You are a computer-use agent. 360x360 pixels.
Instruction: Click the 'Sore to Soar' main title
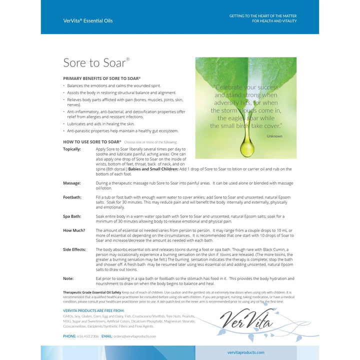click(x=95, y=63)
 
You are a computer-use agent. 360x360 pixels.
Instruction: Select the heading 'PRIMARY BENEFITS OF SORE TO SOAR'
click(x=101, y=78)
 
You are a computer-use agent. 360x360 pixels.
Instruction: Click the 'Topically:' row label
click(x=72, y=149)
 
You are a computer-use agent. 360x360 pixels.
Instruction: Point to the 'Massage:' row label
click(x=72, y=183)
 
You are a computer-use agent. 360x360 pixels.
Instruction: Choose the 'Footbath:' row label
click(x=72, y=197)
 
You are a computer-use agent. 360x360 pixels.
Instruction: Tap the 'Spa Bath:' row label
click(x=73, y=216)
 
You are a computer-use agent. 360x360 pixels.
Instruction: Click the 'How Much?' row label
click(x=74, y=230)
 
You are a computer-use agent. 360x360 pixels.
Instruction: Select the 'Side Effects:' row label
click(x=75, y=249)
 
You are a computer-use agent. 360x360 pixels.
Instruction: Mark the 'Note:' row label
click(x=68, y=278)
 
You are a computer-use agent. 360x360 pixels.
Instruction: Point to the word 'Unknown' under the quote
click(x=274, y=136)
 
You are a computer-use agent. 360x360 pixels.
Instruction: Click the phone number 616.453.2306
click(x=87, y=336)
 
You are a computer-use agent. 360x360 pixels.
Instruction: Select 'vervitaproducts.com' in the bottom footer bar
click(x=245, y=352)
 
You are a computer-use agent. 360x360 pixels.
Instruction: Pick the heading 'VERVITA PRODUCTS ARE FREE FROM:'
click(x=94, y=310)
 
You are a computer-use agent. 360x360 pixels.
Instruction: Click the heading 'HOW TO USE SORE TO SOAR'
click(x=92, y=142)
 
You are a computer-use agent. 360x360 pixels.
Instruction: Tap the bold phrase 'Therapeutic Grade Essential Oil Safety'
click(x=92, y=292)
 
